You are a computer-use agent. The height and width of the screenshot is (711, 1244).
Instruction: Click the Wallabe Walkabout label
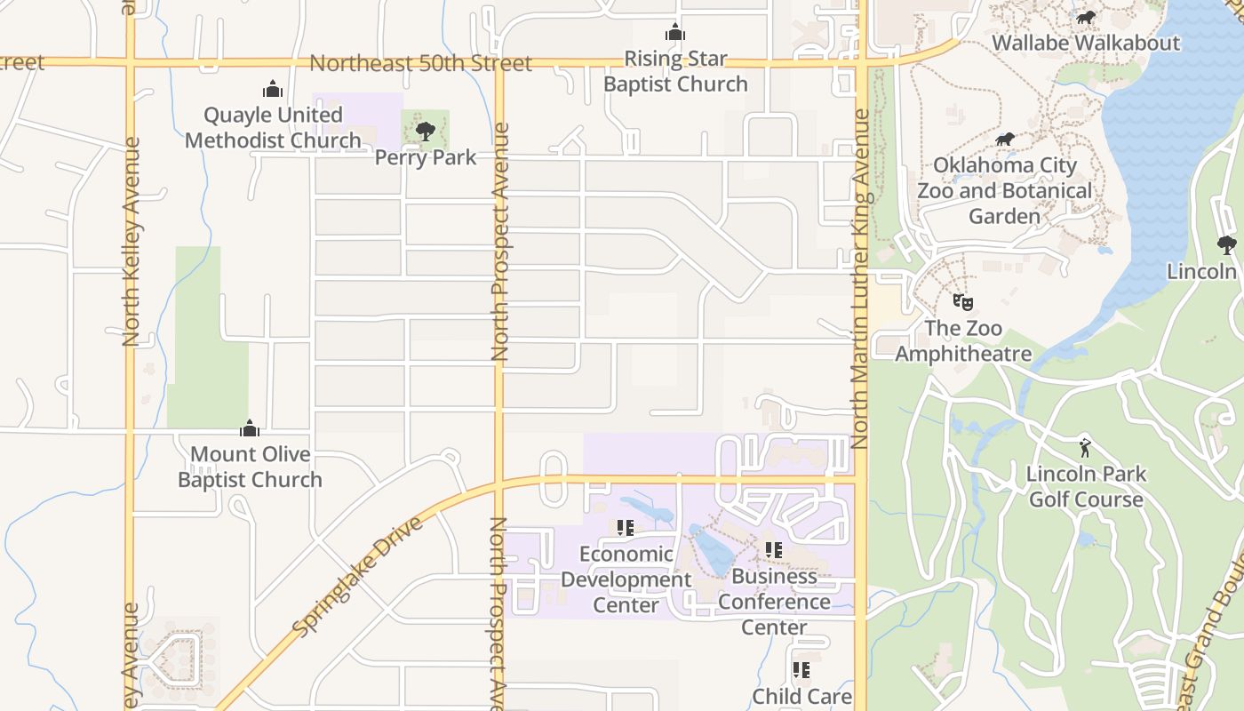(x=1085, y=43)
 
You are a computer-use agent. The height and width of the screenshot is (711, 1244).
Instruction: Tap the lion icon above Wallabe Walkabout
(x=1085, y=17)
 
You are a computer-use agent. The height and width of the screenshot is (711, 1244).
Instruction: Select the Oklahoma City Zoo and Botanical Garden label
(x=1004, y=190)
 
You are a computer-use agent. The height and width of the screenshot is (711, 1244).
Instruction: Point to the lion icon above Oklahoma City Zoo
(x=1005, y=139)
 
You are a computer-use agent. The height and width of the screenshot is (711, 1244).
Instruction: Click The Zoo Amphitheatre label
(x=963, y=340)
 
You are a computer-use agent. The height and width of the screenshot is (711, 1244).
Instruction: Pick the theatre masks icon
(x=962, y=302)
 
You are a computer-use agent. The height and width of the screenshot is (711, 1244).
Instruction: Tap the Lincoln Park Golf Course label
(x=1085, y=486)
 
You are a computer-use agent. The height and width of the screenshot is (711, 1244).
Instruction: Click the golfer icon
(x=1084, y=448)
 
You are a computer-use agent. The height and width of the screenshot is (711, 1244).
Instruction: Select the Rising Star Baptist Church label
(x=675, y=71)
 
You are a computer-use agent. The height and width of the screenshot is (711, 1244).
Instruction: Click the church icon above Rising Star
(x=675, y=33)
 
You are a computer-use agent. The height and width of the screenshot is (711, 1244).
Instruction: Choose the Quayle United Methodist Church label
(x=273, y=127)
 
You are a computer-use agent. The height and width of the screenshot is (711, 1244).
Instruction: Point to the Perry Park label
(x=426, y=157)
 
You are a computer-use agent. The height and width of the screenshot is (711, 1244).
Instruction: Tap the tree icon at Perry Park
(x=426, y=132)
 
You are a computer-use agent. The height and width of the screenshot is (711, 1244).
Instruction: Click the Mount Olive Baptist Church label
(x=250, y=467)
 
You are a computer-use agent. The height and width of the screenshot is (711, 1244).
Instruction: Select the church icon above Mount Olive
(x=250, y=428)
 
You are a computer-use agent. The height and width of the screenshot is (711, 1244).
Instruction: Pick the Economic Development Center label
(x=626, y=579)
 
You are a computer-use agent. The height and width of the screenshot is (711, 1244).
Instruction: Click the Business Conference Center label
(x=774, y=602)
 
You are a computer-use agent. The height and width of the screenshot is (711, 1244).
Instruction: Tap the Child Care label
(x=801, y=696)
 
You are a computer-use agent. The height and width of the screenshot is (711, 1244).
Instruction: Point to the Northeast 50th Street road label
(x=420, y=63)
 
